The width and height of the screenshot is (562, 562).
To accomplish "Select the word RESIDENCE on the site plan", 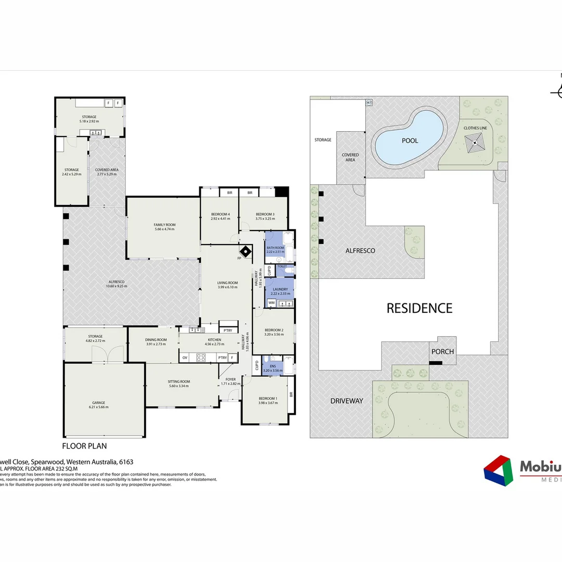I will [x=419, y=308].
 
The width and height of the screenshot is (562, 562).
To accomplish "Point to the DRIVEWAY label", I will [x=346, y=401].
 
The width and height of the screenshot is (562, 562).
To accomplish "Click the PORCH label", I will [x=442, y=351].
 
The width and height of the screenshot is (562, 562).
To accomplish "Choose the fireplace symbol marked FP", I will [x=245, y=253].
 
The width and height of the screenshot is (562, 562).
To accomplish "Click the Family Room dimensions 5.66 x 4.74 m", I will [x=164, y=229].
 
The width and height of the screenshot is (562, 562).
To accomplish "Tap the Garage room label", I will [x=99, y=402].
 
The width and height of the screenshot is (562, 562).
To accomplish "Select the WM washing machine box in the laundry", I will [x=271, y=302].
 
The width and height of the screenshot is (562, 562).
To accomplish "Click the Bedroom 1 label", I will [x=268, y=399].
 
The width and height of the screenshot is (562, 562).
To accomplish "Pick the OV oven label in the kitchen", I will [x=185, y=357].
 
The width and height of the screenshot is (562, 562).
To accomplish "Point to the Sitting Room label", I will [x=179, y=381].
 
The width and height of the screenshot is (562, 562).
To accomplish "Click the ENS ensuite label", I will [x=273, y=366].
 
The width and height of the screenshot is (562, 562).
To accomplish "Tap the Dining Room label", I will [x=156, y=340].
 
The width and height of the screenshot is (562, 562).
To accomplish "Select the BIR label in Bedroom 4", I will [x=229, y=193].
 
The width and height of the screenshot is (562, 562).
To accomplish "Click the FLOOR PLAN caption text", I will [x=84, y=446].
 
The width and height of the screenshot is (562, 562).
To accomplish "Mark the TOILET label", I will [x=282, y=266].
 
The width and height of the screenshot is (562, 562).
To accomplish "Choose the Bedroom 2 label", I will [x=274, y=330].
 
